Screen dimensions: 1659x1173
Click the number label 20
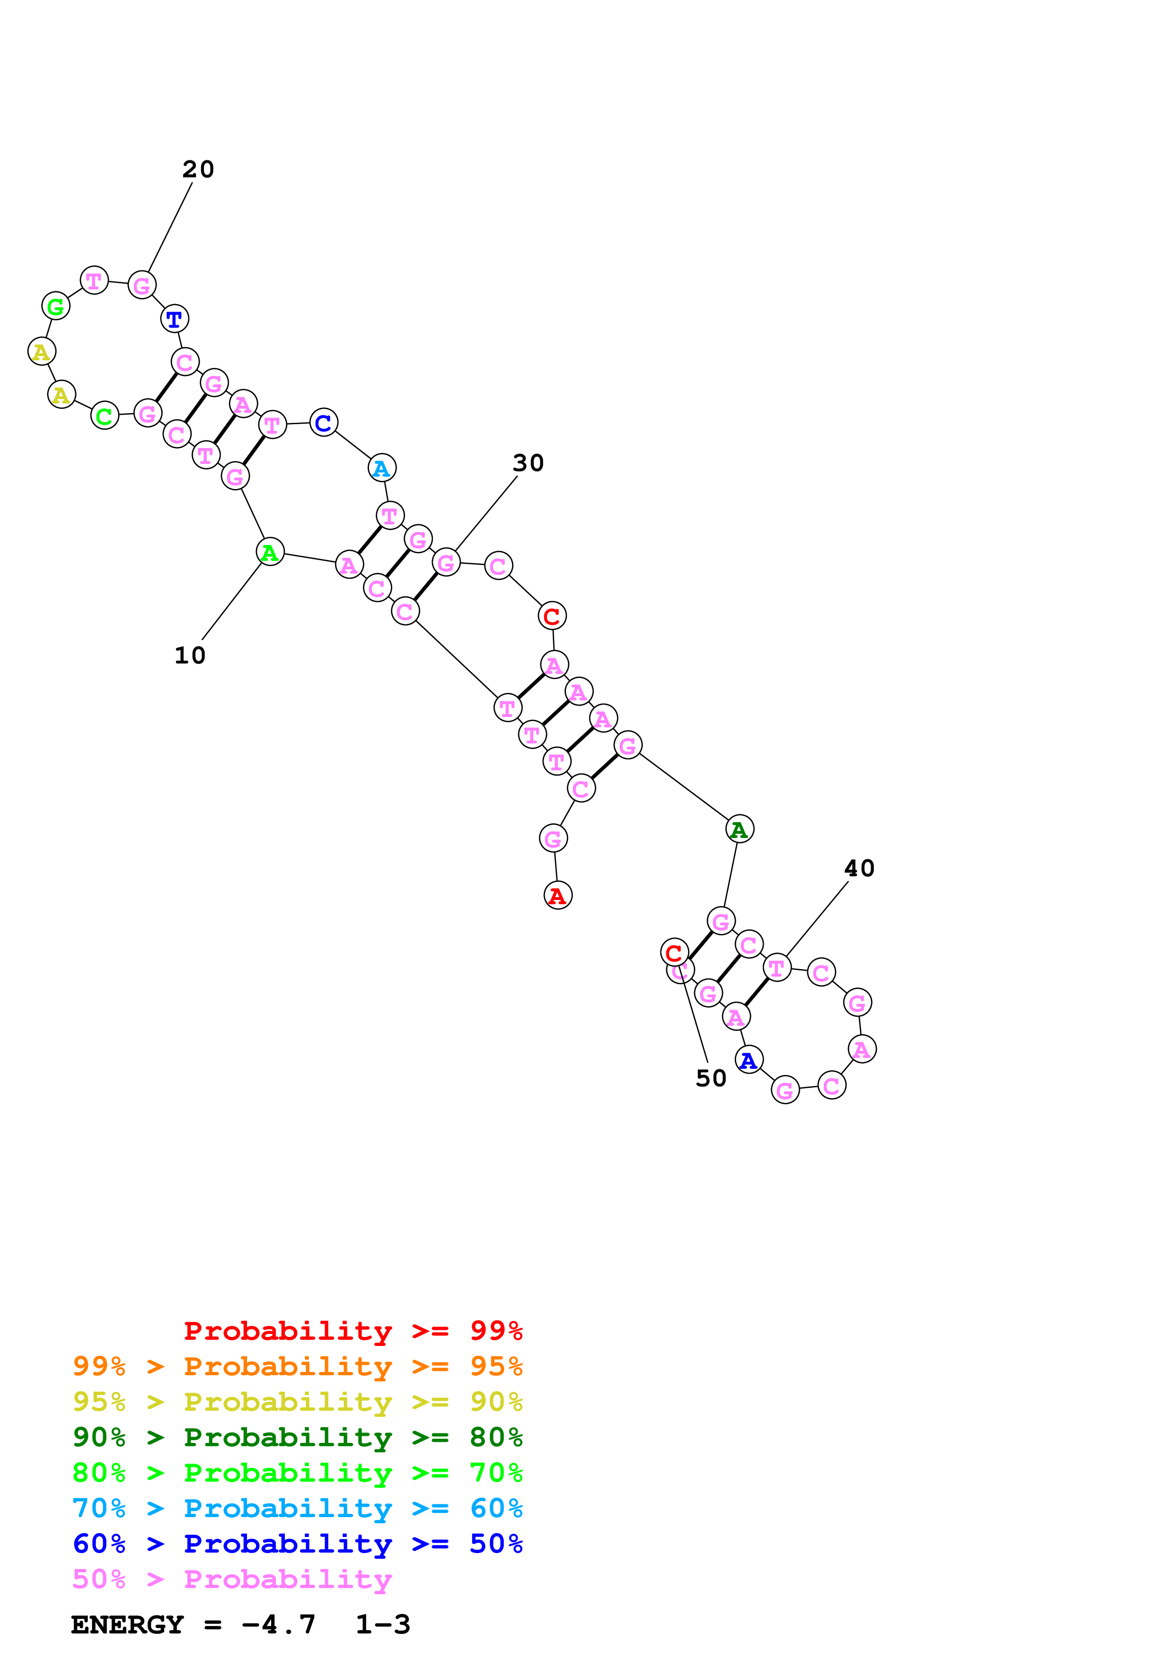click(198, 169)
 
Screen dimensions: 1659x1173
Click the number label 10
click(190, 655)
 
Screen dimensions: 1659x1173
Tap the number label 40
click(859, 869)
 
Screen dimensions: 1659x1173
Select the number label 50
click(711, 1079)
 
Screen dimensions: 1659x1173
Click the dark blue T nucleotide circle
click(174, 319)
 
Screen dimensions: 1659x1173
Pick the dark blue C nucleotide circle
click(323, 423)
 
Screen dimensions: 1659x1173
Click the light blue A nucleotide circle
click(381, 468)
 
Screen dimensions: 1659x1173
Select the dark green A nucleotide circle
click(740, 829)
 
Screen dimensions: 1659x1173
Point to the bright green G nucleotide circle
click(56, 306)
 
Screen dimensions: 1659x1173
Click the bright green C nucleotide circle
click(105, 416)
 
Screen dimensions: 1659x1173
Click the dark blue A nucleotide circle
click(749, 1060)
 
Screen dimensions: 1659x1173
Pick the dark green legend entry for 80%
click(297, 1438)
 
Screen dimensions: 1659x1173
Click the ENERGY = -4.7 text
click(194, 1625)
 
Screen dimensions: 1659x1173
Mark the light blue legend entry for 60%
click(297, 1509)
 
